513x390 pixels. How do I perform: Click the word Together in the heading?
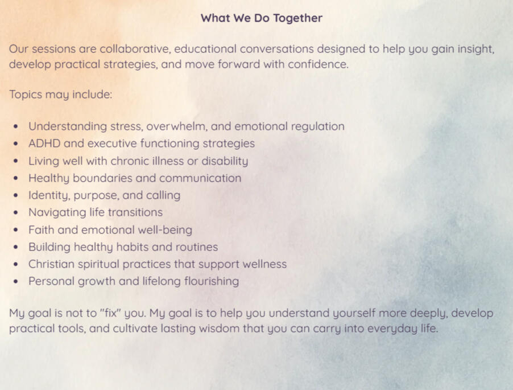click(x=297, y=18)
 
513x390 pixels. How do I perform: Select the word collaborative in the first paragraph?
click(x=135, y=49)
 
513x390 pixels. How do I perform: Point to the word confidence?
click(x=318, y=64)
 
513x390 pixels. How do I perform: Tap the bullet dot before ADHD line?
click(x=16, y=143)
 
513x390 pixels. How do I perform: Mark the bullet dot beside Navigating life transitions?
click(x=16, y=212)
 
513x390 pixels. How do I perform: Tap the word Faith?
click(x=41, y=230)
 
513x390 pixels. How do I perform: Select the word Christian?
click(x=51, y=264)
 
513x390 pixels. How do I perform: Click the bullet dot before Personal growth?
click(x=16, y=282)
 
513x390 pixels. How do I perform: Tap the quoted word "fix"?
click(x=110, y=313)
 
